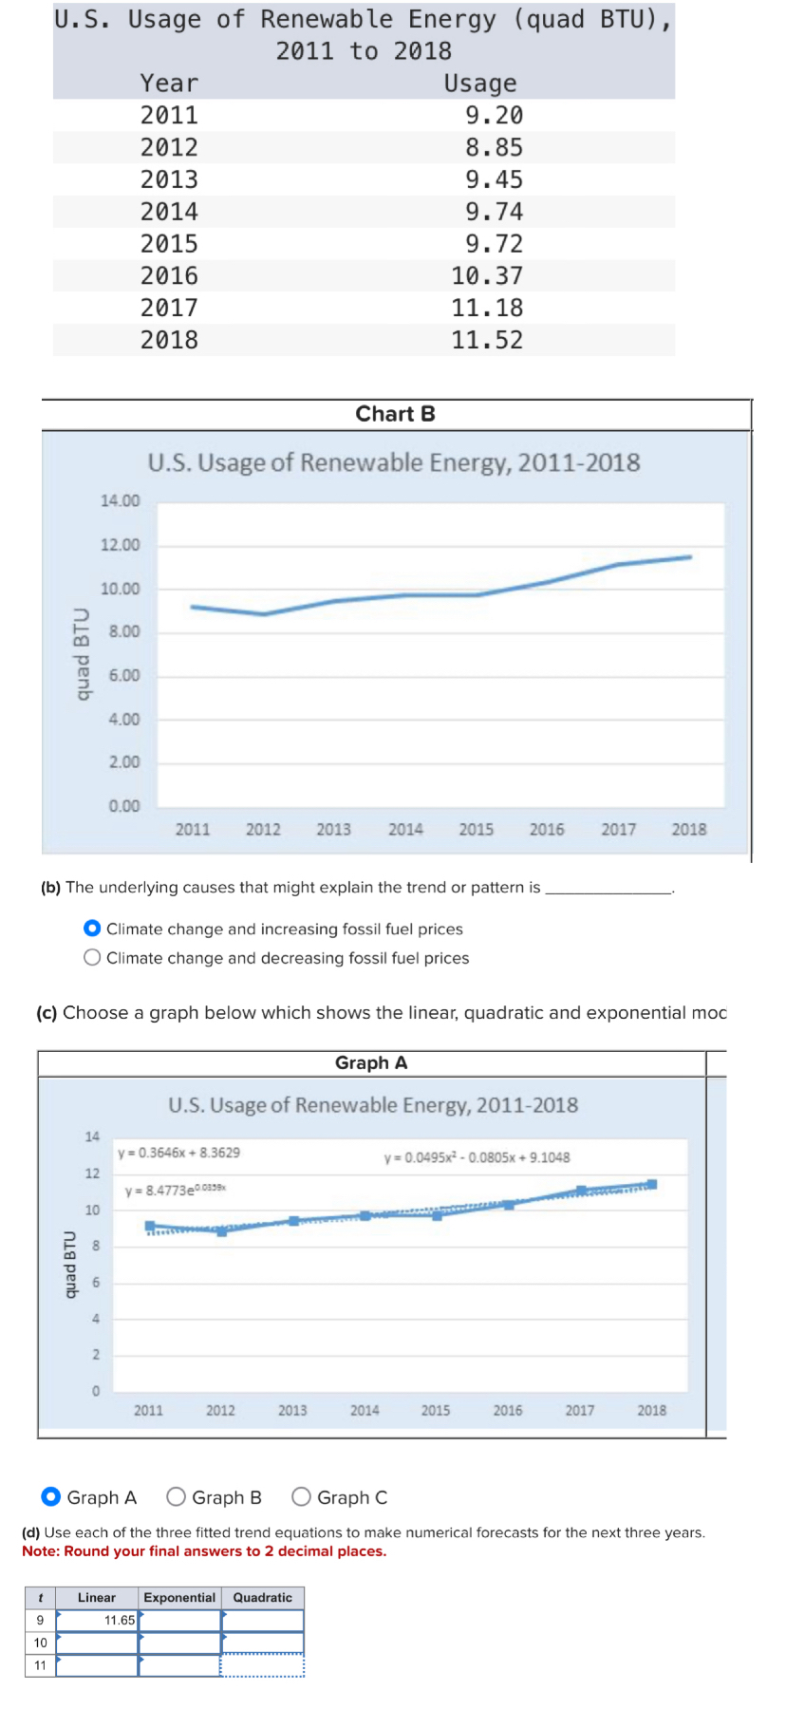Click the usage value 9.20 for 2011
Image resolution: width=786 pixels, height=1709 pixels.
point(494,116)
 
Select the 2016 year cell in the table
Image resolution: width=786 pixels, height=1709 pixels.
point(169,276)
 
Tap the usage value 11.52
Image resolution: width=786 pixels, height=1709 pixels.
point(487,340)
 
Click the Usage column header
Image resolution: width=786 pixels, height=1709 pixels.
point(480,84)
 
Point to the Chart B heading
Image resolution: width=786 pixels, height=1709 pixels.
point(395,414)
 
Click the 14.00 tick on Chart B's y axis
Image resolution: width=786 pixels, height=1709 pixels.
point(121,500)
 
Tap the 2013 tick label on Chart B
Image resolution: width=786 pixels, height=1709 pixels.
point(333,830)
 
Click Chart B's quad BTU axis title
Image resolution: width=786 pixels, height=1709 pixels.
point(83,654)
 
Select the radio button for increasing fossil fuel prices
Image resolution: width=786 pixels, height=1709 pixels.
point(92,929)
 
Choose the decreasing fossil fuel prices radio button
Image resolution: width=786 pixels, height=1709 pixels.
point(92,958)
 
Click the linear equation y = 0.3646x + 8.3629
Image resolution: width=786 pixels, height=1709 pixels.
point(178,1153)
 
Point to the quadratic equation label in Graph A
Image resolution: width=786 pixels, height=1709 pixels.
point(477,1157)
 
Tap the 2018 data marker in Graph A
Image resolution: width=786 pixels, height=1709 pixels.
point(652,1184)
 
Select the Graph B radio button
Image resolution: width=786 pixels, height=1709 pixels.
point(176,1497)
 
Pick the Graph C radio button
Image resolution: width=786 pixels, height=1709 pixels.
point(301,1497)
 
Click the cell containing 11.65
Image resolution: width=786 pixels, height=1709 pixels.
point(98,1621)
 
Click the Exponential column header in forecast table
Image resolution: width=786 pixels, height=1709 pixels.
point(179,1598)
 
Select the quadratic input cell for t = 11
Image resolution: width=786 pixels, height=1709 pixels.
point(263,1665)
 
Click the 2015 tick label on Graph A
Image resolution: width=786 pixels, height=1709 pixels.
point(436,1411)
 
